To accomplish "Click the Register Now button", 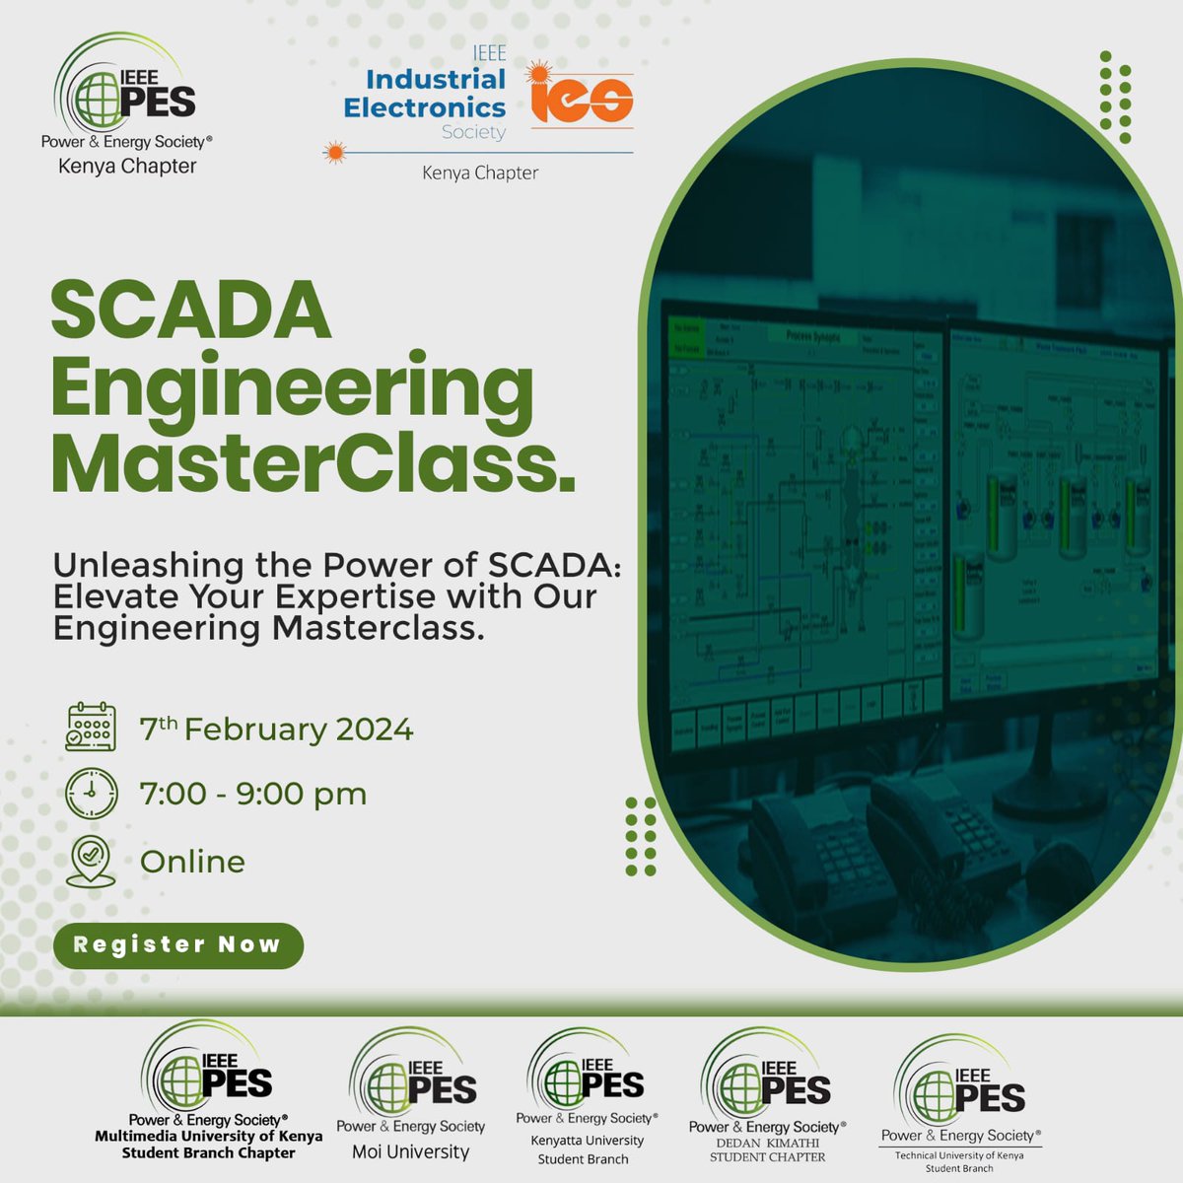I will click(177, 944).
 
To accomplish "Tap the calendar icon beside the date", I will click(91, 728).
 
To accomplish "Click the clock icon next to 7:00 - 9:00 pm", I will click(91, 793).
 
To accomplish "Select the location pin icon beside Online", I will click(91, 861).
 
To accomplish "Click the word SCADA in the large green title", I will click(191, 311).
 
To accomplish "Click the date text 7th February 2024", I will click(276, 730).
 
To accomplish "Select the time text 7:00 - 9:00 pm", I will click(253, 794).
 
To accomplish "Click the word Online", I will click(192, 862).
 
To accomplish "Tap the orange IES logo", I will click(582, 97).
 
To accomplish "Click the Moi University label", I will click(411, 1151).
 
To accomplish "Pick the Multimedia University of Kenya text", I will click(208, 1136).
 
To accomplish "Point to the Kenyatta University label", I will click(587, 1141).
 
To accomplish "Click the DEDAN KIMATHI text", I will click(767, 1143).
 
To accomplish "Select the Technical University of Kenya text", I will click(959, 1155).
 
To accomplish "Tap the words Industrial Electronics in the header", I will click(425, 93).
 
